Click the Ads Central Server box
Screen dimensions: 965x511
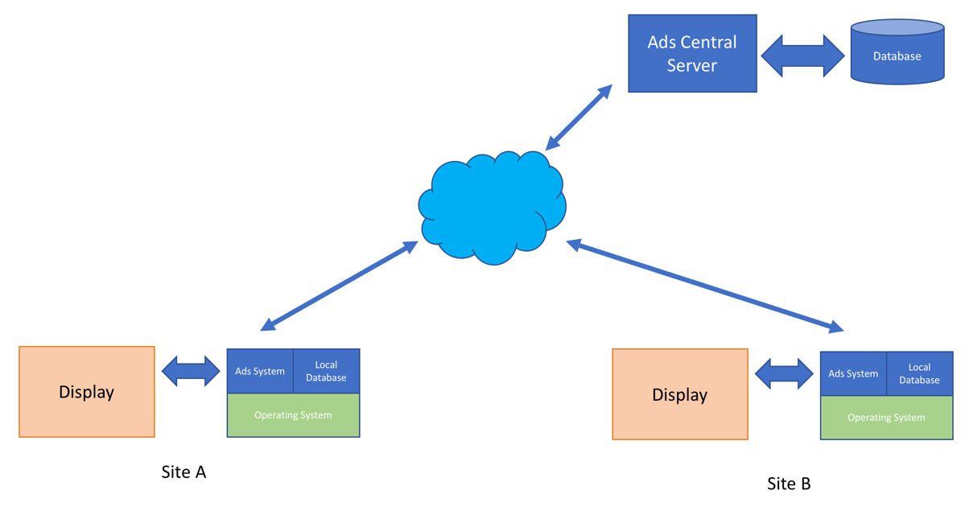(x=692, y=54)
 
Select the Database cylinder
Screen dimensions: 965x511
(x=897, y=52)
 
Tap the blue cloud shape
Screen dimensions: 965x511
(x=492, y=207)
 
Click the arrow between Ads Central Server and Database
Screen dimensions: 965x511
(x=803, y=56)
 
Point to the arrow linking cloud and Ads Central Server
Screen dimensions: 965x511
(x=579, y=117)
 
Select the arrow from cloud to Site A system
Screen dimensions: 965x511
(x=339, y=286)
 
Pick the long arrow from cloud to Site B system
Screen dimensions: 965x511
(x=705, y=286)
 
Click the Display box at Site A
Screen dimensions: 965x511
(x=87, y=392)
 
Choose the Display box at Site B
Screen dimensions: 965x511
(x=680, y=394)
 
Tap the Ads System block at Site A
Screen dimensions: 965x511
(x=260, y=371)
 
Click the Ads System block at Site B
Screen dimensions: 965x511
(x=853, y=373)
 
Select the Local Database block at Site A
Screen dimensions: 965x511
(x=326, y=371)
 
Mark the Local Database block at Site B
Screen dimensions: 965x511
(x=919, y=373)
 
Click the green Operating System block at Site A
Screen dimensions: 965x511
(x=293, y=415)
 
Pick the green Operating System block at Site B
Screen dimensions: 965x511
(x=886, y=418)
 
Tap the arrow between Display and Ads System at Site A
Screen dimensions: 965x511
(x=191, y=371)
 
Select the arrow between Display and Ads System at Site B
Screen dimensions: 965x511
(x=784, y=373)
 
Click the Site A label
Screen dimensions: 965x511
(x=184, y=472)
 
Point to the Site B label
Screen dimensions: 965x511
(x=789, y=484)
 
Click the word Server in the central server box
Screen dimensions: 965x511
(x=691, y=65)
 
